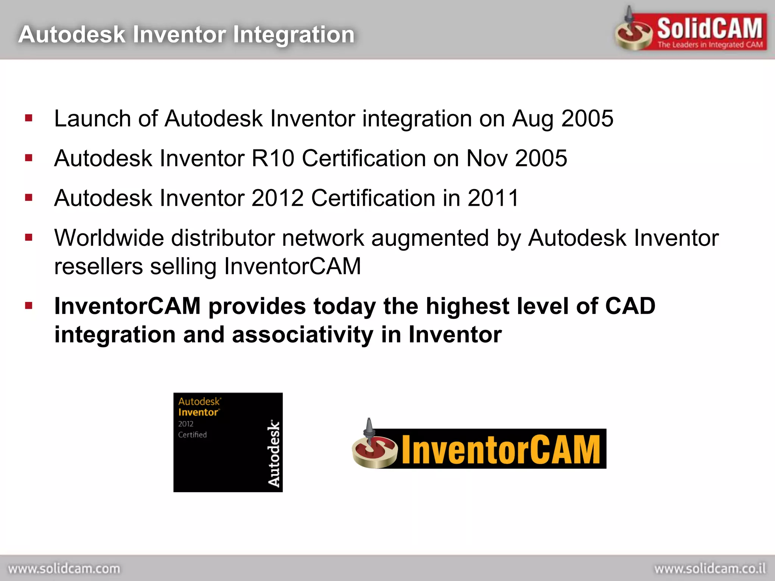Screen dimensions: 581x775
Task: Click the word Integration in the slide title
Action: pos(294,35)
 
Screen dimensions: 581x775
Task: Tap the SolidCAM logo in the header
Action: pos(691,30)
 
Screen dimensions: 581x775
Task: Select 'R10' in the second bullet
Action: pos(273,158)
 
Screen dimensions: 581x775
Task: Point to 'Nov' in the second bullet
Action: pos(487,158)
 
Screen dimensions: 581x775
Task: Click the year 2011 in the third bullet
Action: pos(493,198)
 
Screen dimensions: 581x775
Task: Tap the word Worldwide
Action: pos(109,238)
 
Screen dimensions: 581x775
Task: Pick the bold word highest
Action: pos(467,306)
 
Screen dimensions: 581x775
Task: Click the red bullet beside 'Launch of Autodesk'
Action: pos(29,118)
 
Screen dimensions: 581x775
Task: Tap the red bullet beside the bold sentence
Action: pos(29,305)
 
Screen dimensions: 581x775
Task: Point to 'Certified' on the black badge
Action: pos(192,435)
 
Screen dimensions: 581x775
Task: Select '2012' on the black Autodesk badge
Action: pos(186,424)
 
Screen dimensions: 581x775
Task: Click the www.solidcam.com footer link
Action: pos(64,569)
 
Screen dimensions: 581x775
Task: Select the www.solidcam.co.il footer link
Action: pos(710,569)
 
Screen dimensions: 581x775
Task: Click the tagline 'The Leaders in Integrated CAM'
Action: pos(710,45)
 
